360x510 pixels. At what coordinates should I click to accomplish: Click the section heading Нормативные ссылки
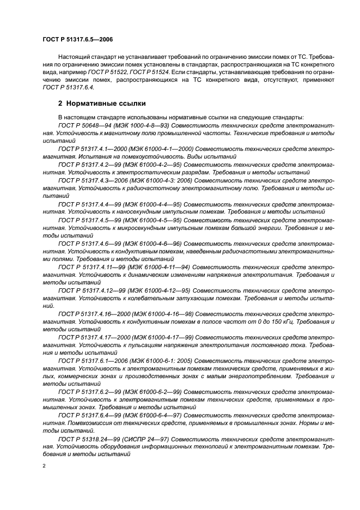[101, 103]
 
